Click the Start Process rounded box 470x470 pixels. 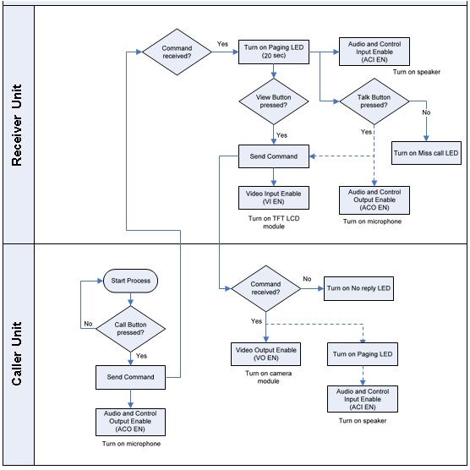click(130, 279)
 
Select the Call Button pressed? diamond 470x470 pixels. click(130, 327)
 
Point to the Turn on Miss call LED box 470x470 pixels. click(426, 153)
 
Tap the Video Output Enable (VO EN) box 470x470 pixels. click(265, 353)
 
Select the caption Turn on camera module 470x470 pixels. click(265, 377)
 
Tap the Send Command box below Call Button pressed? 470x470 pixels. click(130, 376)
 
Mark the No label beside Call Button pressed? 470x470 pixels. click(87, 323)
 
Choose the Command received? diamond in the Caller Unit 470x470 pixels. click(265, 289)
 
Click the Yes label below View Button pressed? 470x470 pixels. click(281, 134)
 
